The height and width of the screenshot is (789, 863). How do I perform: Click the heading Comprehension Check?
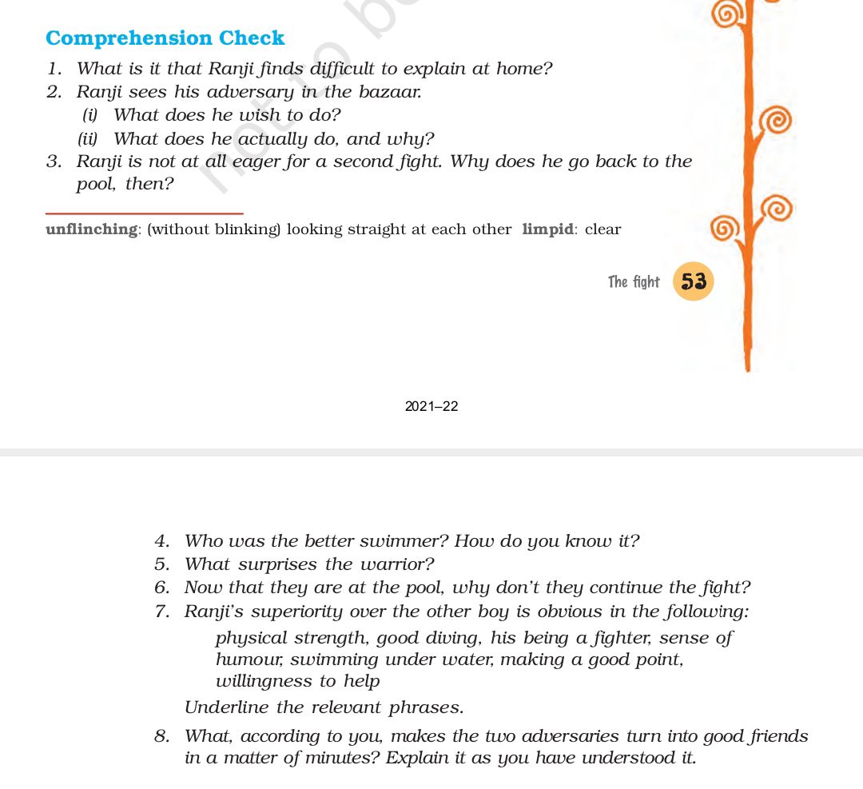click(x=165, y=38)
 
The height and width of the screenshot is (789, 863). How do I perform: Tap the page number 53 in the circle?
click(x=693, y=281)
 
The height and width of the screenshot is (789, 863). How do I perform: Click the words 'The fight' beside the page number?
click(x=634, y=281)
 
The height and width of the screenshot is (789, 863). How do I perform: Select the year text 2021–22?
click(x=431, y=406)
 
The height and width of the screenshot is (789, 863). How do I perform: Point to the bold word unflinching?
click(x=92, y=229)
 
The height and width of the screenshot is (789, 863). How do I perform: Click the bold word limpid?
click(x=547, y=229)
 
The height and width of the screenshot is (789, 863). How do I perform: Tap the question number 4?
click(x=161, y=541)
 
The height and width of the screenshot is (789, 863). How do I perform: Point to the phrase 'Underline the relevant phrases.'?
click(x=324, y=707)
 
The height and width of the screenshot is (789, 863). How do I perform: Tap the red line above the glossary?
click(x=144, y=213)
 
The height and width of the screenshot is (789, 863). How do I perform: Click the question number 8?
click(x=161, y=736)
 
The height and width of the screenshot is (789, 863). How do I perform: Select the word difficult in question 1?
click(x=375, y=69)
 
